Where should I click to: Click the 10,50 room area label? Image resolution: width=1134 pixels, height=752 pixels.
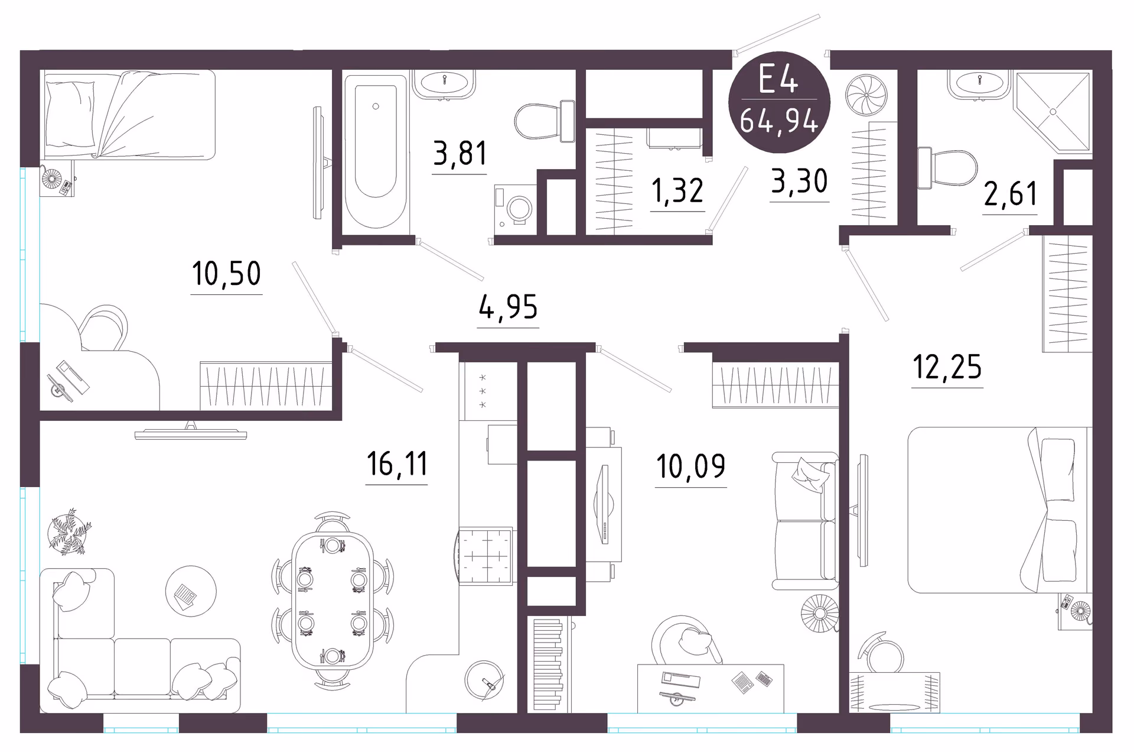click(226, 274)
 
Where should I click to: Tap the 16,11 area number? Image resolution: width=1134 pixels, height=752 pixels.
click(397, 463)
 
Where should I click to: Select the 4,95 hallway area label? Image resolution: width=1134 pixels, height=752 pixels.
click(508, 307)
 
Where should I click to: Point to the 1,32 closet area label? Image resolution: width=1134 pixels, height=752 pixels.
click(677, 191)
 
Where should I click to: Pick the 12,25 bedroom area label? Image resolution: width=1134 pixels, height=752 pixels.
click(947, 367)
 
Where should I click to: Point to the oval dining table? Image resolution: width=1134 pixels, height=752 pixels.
click(333, 601)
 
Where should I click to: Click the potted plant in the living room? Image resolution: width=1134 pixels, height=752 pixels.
click(70, 531)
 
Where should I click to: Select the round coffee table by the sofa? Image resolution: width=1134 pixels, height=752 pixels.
click(191, 591)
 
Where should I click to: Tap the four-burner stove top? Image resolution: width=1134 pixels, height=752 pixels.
click(485, 556)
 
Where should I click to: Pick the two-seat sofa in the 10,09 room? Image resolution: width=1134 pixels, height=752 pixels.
click(805, 521)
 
